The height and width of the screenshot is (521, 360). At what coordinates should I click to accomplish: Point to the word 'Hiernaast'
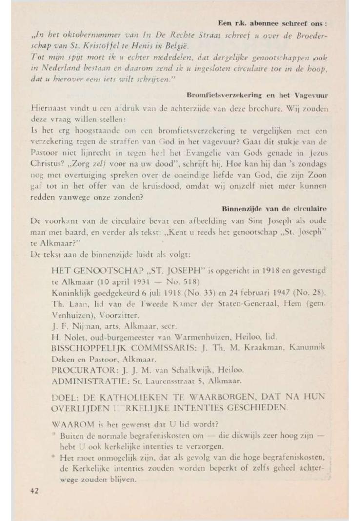[x=48, y=104]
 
